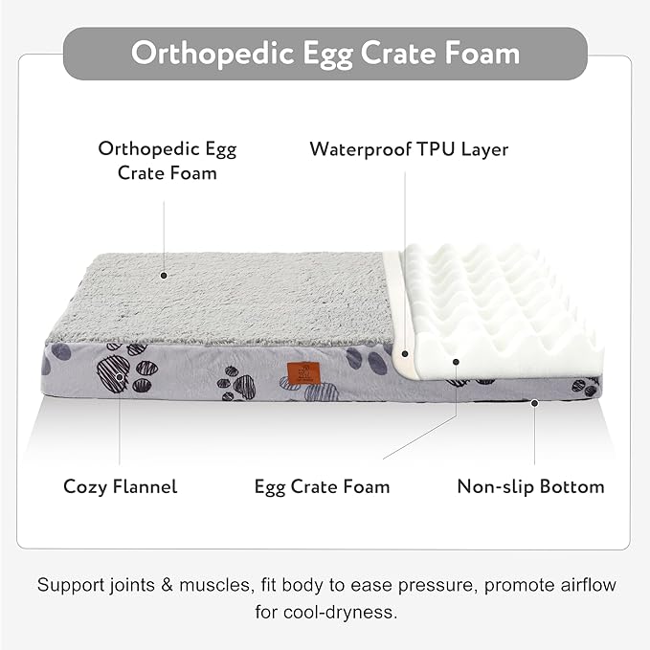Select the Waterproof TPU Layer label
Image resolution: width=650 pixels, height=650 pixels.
pos(409,149)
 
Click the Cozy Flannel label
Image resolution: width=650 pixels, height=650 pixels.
pos(121,486)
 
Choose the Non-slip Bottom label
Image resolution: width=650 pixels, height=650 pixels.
pos(530,486)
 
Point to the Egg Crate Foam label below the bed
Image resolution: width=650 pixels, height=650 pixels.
pos(322,486)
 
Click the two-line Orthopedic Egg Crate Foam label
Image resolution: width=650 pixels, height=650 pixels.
pos(167,161)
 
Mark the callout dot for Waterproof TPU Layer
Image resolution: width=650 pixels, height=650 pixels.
pos(406,353)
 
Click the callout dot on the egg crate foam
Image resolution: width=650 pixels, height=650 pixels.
pos(456,362)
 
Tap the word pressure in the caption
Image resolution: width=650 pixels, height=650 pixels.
pos(434,585)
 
